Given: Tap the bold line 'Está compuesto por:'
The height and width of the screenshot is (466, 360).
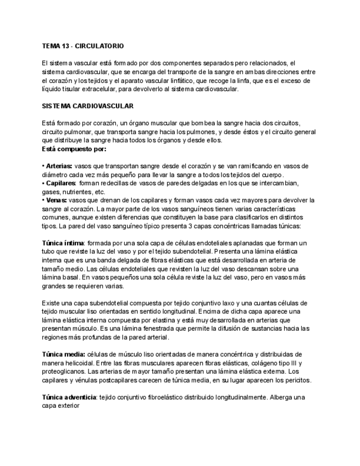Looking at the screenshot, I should [74, 148].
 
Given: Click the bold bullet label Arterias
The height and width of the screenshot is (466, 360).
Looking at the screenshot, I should [58, 166].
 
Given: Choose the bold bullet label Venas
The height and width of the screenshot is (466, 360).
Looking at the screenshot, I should [56, 201].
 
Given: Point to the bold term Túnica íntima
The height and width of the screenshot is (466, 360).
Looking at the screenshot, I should [63, 243].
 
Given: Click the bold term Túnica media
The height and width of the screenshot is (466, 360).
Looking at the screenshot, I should [63, 354].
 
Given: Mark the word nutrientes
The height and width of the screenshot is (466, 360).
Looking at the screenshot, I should [79, 192].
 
